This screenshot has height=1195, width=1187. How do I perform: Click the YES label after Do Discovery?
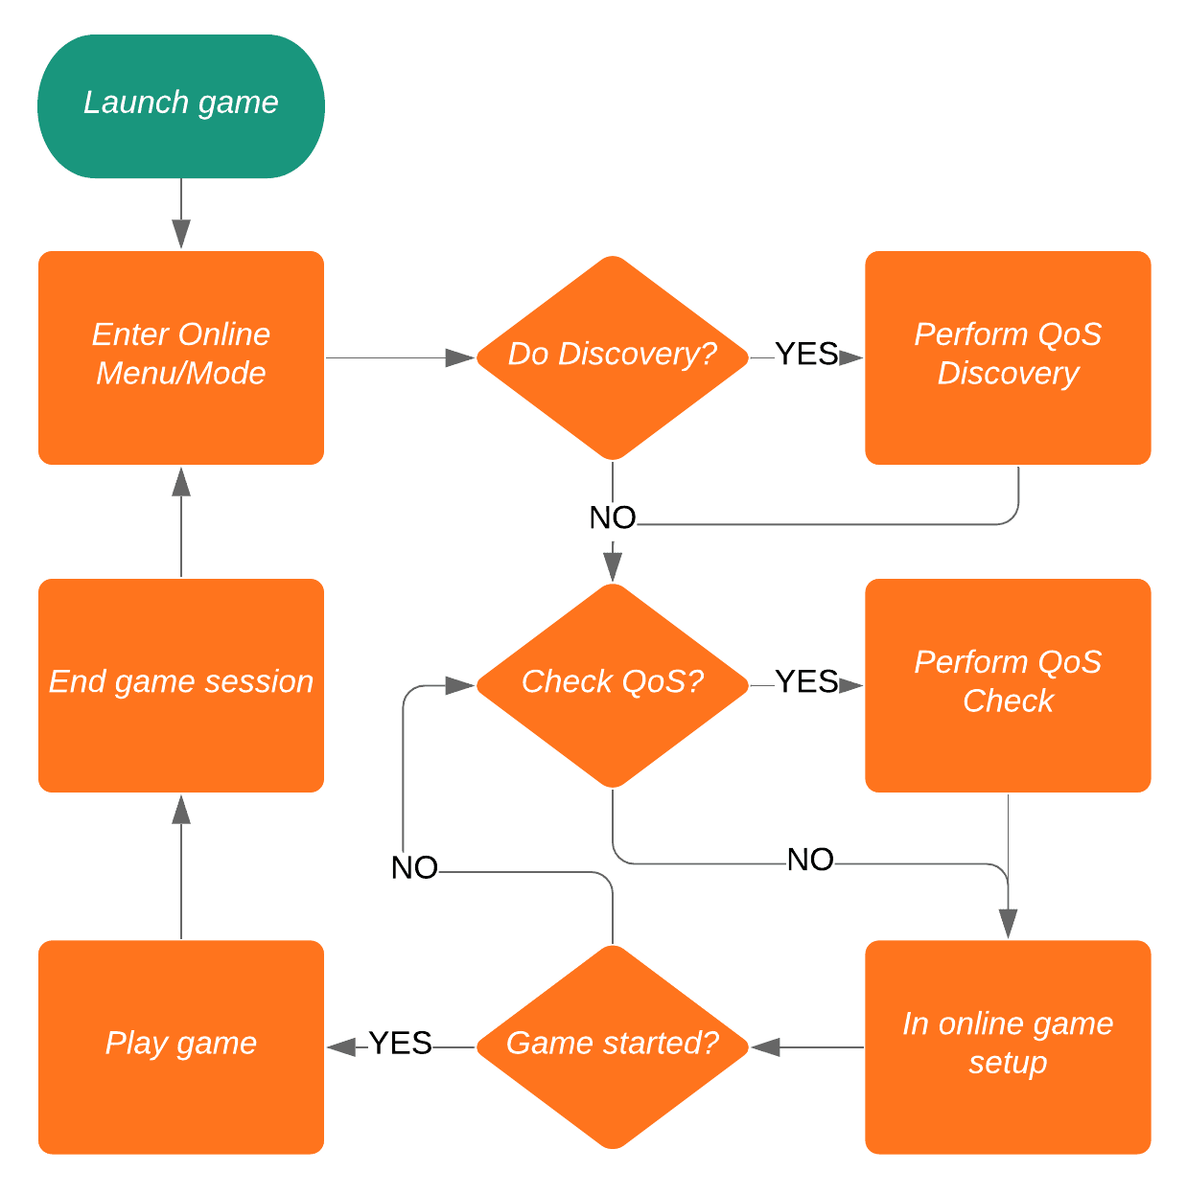coord(806,355)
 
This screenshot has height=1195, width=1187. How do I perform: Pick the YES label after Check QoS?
coord(806,682)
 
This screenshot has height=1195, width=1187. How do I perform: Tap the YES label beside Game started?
coord(401,1044)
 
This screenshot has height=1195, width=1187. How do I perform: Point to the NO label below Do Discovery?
coord(613,518)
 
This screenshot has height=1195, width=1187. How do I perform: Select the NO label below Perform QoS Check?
coord(810,861)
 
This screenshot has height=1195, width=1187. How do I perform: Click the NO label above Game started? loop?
coord(414,868)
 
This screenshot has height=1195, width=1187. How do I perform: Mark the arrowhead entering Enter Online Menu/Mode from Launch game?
coord(181,235)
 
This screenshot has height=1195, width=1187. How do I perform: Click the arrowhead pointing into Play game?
coord(341,1047)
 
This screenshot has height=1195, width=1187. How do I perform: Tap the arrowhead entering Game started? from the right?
coord(765,1047)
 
